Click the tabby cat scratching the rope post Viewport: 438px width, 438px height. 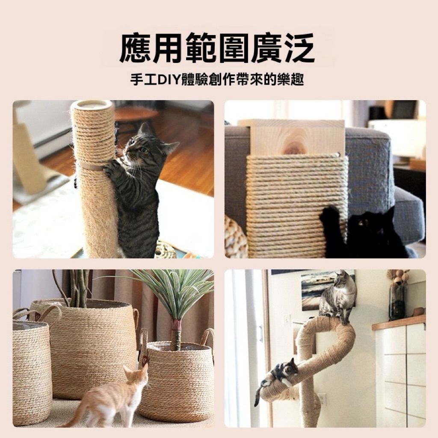click(137, 187)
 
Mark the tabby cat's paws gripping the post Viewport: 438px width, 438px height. click(112, 168)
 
